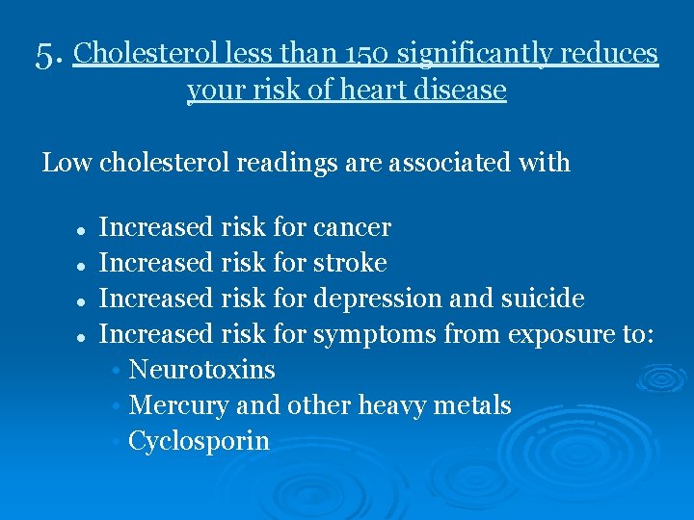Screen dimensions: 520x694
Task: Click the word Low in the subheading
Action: (x=67, y=163)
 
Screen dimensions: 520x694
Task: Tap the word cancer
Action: (x=352, y=227)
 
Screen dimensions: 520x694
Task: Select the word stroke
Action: (x=350, y=263)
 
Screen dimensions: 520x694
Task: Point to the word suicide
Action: (x=542, y=299)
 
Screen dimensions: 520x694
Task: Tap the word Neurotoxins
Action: (x=201, y=370)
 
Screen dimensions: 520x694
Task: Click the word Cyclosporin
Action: (x=199, y=441)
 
